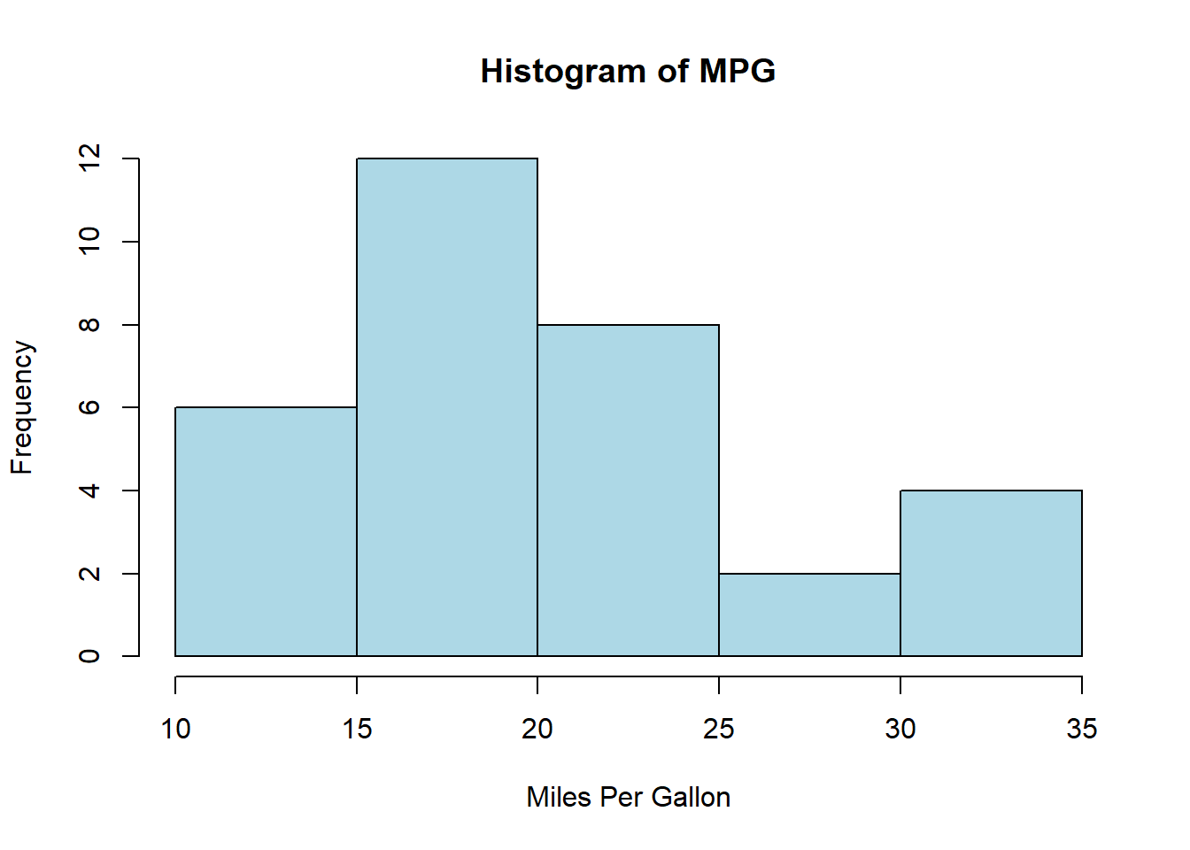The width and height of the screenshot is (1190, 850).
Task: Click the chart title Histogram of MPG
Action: pos(628,71)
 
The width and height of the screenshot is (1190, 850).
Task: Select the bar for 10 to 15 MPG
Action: pos(266,531)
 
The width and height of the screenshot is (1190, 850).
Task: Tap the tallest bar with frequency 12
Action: pos(447,407)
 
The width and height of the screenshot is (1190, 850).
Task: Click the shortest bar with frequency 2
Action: pos(809,614)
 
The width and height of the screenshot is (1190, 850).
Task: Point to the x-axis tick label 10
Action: pos(175,729)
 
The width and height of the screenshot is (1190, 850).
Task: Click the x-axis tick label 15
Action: pos(357,729)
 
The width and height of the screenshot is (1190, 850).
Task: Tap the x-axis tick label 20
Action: pos(537,729)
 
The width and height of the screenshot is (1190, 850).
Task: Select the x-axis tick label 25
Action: pos(719,729)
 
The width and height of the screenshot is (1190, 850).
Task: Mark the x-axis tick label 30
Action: pos(900,729)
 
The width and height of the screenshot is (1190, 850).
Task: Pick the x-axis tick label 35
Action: pos(1082,729)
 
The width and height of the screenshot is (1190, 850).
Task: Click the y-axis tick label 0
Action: pos(89,656)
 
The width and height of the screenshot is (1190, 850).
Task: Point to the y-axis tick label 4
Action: pos(89,491)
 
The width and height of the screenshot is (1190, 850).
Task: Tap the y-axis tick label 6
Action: pos(89,407)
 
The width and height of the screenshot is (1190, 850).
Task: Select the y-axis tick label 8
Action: pos(89,325)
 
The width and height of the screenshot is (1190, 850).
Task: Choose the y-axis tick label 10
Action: pos(89,241)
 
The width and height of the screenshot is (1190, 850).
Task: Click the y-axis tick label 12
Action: pos(89,158)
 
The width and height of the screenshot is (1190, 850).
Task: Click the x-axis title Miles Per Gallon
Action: pos(628,797)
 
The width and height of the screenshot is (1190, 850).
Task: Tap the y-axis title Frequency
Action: pos(22,407)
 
